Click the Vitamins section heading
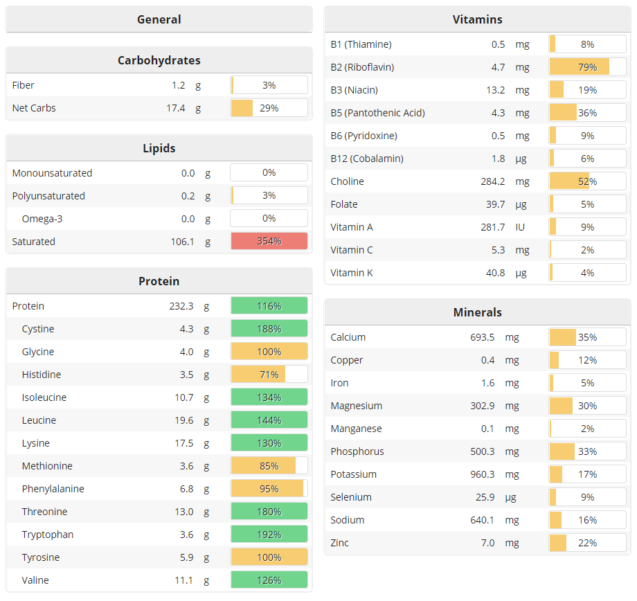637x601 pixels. [x=477, y=19]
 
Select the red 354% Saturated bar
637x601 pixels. [x=269, y=242]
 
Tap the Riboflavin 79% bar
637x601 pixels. [x=587, y=67]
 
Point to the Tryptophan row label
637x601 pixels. [x=47, y=535]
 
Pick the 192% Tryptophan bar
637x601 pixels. [x=269, y=535]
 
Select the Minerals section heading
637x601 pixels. [x=477, y=312]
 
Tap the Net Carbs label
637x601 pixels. [x=34, y=108]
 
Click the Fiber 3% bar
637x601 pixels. [x=269, y=85]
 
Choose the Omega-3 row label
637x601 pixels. [x=42, y=219]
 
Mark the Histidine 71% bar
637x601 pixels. [x=269, y=375]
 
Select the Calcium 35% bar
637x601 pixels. [x=587, y=337]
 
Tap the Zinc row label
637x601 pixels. [x=339, y=543]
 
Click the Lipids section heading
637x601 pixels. [x=159, y=148]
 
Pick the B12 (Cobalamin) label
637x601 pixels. [x=366, y=159]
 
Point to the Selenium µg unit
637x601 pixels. [x=521, y=497]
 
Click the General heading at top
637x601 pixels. [x=159, y=19]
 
